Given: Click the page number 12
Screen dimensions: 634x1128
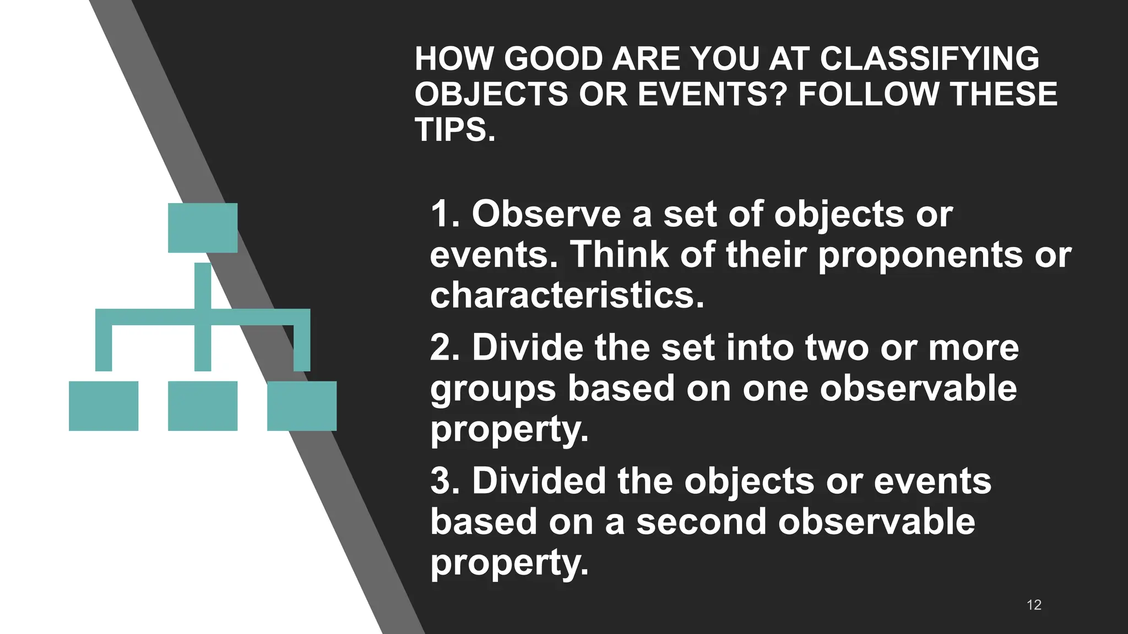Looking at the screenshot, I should pos(1034,605).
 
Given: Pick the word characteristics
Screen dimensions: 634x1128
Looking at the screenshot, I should pos(567,295).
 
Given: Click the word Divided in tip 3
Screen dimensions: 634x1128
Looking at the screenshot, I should pos(539,480).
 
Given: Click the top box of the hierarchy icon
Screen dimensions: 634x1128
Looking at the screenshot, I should pos(203,228).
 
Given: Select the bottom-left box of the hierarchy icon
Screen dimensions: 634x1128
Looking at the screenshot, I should pos(104,406).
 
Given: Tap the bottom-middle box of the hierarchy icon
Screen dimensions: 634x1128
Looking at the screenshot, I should pos(203,406).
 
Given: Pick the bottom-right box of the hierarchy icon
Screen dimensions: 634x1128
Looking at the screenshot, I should pos(302,406).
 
